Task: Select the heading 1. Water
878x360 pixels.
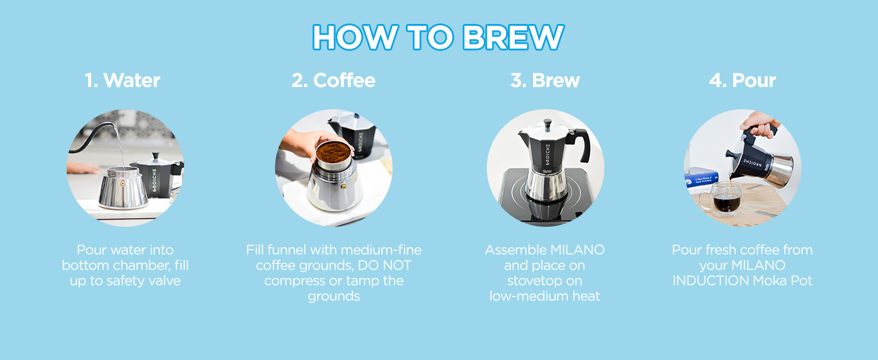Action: tap(122, 80)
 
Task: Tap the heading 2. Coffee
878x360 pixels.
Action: tap(333, 80)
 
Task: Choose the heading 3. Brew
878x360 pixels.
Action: tap(545, 80)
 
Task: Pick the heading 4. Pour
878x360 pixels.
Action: tap(742, 80)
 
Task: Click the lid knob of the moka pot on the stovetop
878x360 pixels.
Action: tap(546, 124)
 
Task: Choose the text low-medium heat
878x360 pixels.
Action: tap(545, 296)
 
